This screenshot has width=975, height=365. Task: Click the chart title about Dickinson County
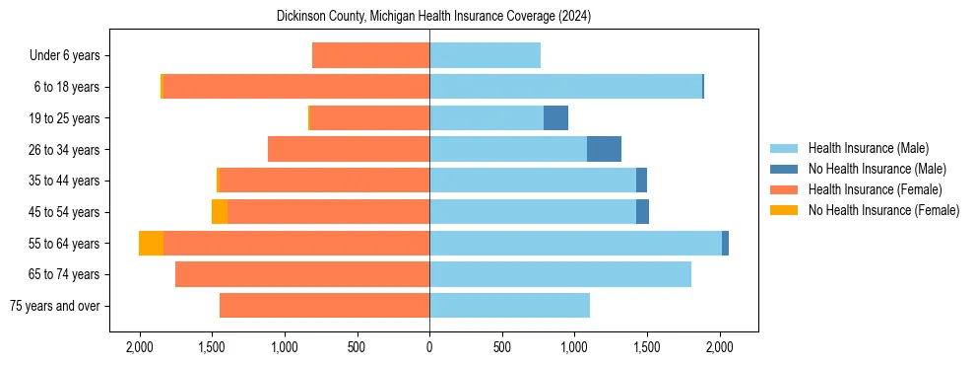429,16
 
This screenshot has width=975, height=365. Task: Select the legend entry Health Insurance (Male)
868,148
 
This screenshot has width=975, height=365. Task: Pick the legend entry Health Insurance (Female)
875,189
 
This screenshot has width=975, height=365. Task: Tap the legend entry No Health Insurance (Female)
883,210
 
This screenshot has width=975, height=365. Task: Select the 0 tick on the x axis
429,347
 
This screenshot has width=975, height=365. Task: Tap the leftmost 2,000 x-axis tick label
139,347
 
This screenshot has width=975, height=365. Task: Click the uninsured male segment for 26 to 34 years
604,149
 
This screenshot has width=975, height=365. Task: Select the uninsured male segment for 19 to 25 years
556,118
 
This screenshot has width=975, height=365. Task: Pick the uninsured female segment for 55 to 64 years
151,244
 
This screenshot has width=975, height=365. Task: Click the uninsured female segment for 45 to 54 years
220,212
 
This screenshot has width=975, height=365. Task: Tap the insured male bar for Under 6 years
485,55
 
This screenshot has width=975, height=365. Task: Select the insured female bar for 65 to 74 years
302,274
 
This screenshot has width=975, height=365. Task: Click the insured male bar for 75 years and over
509,306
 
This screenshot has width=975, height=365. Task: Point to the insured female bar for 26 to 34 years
349,149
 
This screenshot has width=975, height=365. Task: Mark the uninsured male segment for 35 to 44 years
641,181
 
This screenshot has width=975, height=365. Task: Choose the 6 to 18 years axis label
67,87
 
